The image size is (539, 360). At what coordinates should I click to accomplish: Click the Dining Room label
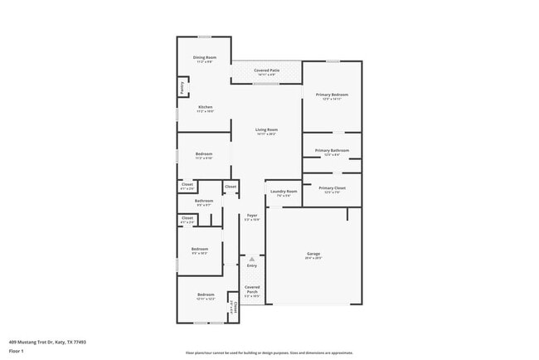[205, 57]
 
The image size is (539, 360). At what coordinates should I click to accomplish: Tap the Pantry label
[181, 86]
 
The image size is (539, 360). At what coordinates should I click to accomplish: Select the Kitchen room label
[205, 107]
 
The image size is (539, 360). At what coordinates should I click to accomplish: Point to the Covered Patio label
[265, 71]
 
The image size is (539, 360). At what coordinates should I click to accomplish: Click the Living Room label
[265, 130]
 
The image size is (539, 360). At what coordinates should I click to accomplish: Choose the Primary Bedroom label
[332, 95]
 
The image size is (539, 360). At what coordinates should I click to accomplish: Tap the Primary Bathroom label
[332, 150]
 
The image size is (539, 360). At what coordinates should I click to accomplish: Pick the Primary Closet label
[332, 188]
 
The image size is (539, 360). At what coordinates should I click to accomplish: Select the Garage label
[313, 254]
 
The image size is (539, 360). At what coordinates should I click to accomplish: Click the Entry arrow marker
[251, 259]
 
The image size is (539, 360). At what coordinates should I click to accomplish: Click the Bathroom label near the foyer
[204, 200]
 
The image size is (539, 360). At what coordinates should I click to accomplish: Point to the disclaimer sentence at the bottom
[269, 353]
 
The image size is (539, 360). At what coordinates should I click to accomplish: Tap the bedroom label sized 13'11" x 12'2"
[205, 295]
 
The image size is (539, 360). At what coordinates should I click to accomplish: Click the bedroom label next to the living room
[204, 154]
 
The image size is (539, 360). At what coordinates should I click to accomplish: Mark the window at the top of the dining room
[204, 36]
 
